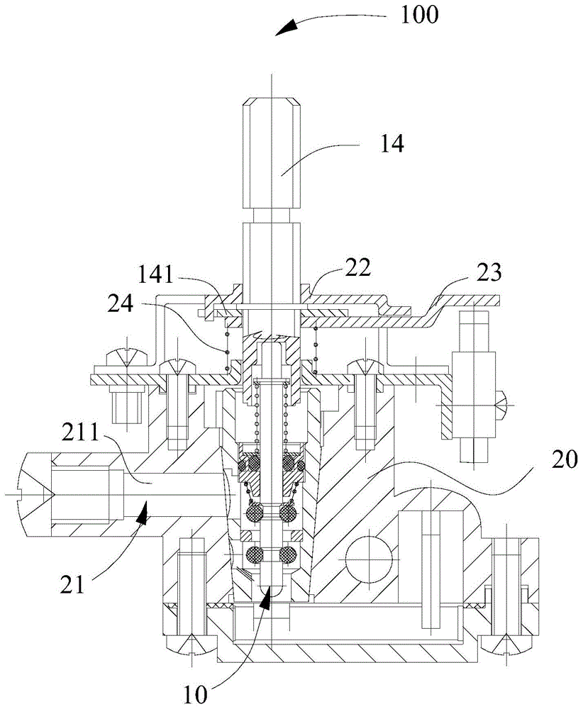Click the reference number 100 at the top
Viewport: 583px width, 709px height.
click(x=419, y=14)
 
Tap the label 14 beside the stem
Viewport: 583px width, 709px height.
click(x=392, y=144)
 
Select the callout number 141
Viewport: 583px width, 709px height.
click(x=155, y=274)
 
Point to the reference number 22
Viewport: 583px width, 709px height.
click(x=358, y=267)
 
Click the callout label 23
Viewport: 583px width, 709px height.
click(x=489, y=273)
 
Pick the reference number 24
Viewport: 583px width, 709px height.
click(x=121, y=303)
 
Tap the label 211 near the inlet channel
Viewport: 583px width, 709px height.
click(x=80, y=433)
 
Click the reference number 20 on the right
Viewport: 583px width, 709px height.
click(x=565, y=459)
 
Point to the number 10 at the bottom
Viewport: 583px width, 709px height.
click(x=195, y=695)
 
